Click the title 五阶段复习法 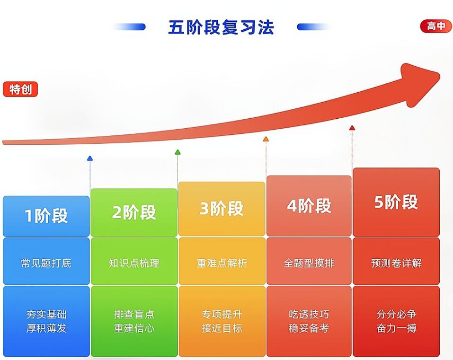pos(221,27)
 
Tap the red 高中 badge pos(436,26)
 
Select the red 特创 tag pos(20,89)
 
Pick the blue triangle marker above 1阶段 pos(90,158)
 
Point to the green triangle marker pos(178,152)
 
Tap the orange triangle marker pos(266,139)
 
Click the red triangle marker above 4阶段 pos(352,128)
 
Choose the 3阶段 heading pos(222,209)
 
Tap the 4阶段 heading pos(309,206)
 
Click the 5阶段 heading pos(396,202)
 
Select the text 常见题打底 pos(46,263)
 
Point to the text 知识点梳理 pos(134,263)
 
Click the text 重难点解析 pos(222,263)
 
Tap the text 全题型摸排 pos(309,263)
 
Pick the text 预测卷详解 pos(396,263)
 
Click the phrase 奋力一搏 pos(396,328)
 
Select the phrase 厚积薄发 pos(46,328)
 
